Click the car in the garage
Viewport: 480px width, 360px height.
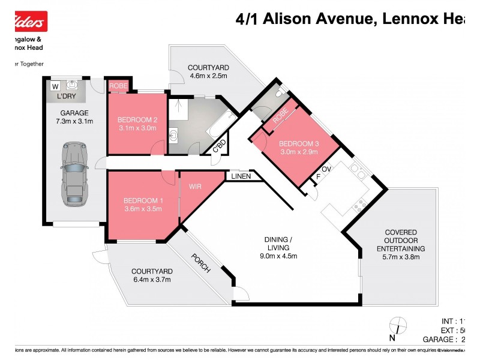tap(75, 173)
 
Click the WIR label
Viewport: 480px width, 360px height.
tap(196, 187)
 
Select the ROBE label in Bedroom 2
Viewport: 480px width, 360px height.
tap(118, 86)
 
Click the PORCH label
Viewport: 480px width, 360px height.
tap(201, 262)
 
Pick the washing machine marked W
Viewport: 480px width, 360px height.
tap(55, 86)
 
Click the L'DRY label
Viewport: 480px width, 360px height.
tap(66, 97)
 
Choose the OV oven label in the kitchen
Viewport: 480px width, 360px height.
tap(327, 170)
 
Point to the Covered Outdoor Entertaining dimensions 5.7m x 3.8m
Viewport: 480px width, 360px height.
tap(401, 257)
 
